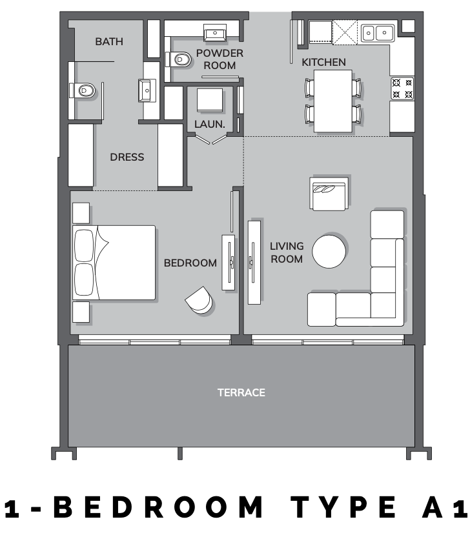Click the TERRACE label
click(241, 392)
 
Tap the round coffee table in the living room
click(329, 251)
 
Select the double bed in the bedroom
click(114, 263)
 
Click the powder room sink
click(215, 33)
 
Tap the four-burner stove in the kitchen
click(402, 88)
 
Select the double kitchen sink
click(378, 33)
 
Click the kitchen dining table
click(333, 101)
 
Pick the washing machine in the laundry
click(210, 100)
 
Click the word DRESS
click(127, 157)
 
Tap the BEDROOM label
click(190, 263)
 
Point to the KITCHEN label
click(323, 63)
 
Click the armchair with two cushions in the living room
click(329, 194)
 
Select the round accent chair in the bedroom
click(199, 300)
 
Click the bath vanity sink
click(147, 90)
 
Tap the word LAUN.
click(210, 125)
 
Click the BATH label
click(109, 42)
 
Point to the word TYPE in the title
click(343, 507)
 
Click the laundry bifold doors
click(210, 139)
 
